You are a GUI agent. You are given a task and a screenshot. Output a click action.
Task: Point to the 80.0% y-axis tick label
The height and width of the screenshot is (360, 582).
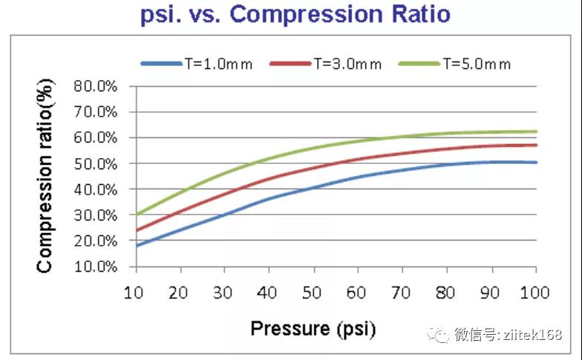(x=96, y=86)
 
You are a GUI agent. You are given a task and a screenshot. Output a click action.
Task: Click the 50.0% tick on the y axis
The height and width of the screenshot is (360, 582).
(x=96, y=163)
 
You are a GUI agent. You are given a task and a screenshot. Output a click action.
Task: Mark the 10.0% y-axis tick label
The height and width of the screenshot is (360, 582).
(x=96, y=266)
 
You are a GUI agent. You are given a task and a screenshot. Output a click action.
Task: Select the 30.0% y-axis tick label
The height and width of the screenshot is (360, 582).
(x=96, y=215)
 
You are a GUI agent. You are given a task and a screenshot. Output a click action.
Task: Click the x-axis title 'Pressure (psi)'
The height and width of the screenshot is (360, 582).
(x=313, y=327)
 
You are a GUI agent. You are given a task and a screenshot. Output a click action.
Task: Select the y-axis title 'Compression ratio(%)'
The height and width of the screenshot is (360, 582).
(x=45, y=177)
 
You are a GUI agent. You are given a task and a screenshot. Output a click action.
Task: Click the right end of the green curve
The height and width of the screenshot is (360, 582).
(x=536, y=131)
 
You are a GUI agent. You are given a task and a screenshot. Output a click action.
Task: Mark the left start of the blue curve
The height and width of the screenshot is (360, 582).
(x=136, y=246)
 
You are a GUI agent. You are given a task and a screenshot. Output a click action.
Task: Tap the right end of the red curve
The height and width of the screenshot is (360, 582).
(x=536, y=145)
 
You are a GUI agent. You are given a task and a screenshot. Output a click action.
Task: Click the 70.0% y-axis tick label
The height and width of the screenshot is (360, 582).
(x=96, y=112)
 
